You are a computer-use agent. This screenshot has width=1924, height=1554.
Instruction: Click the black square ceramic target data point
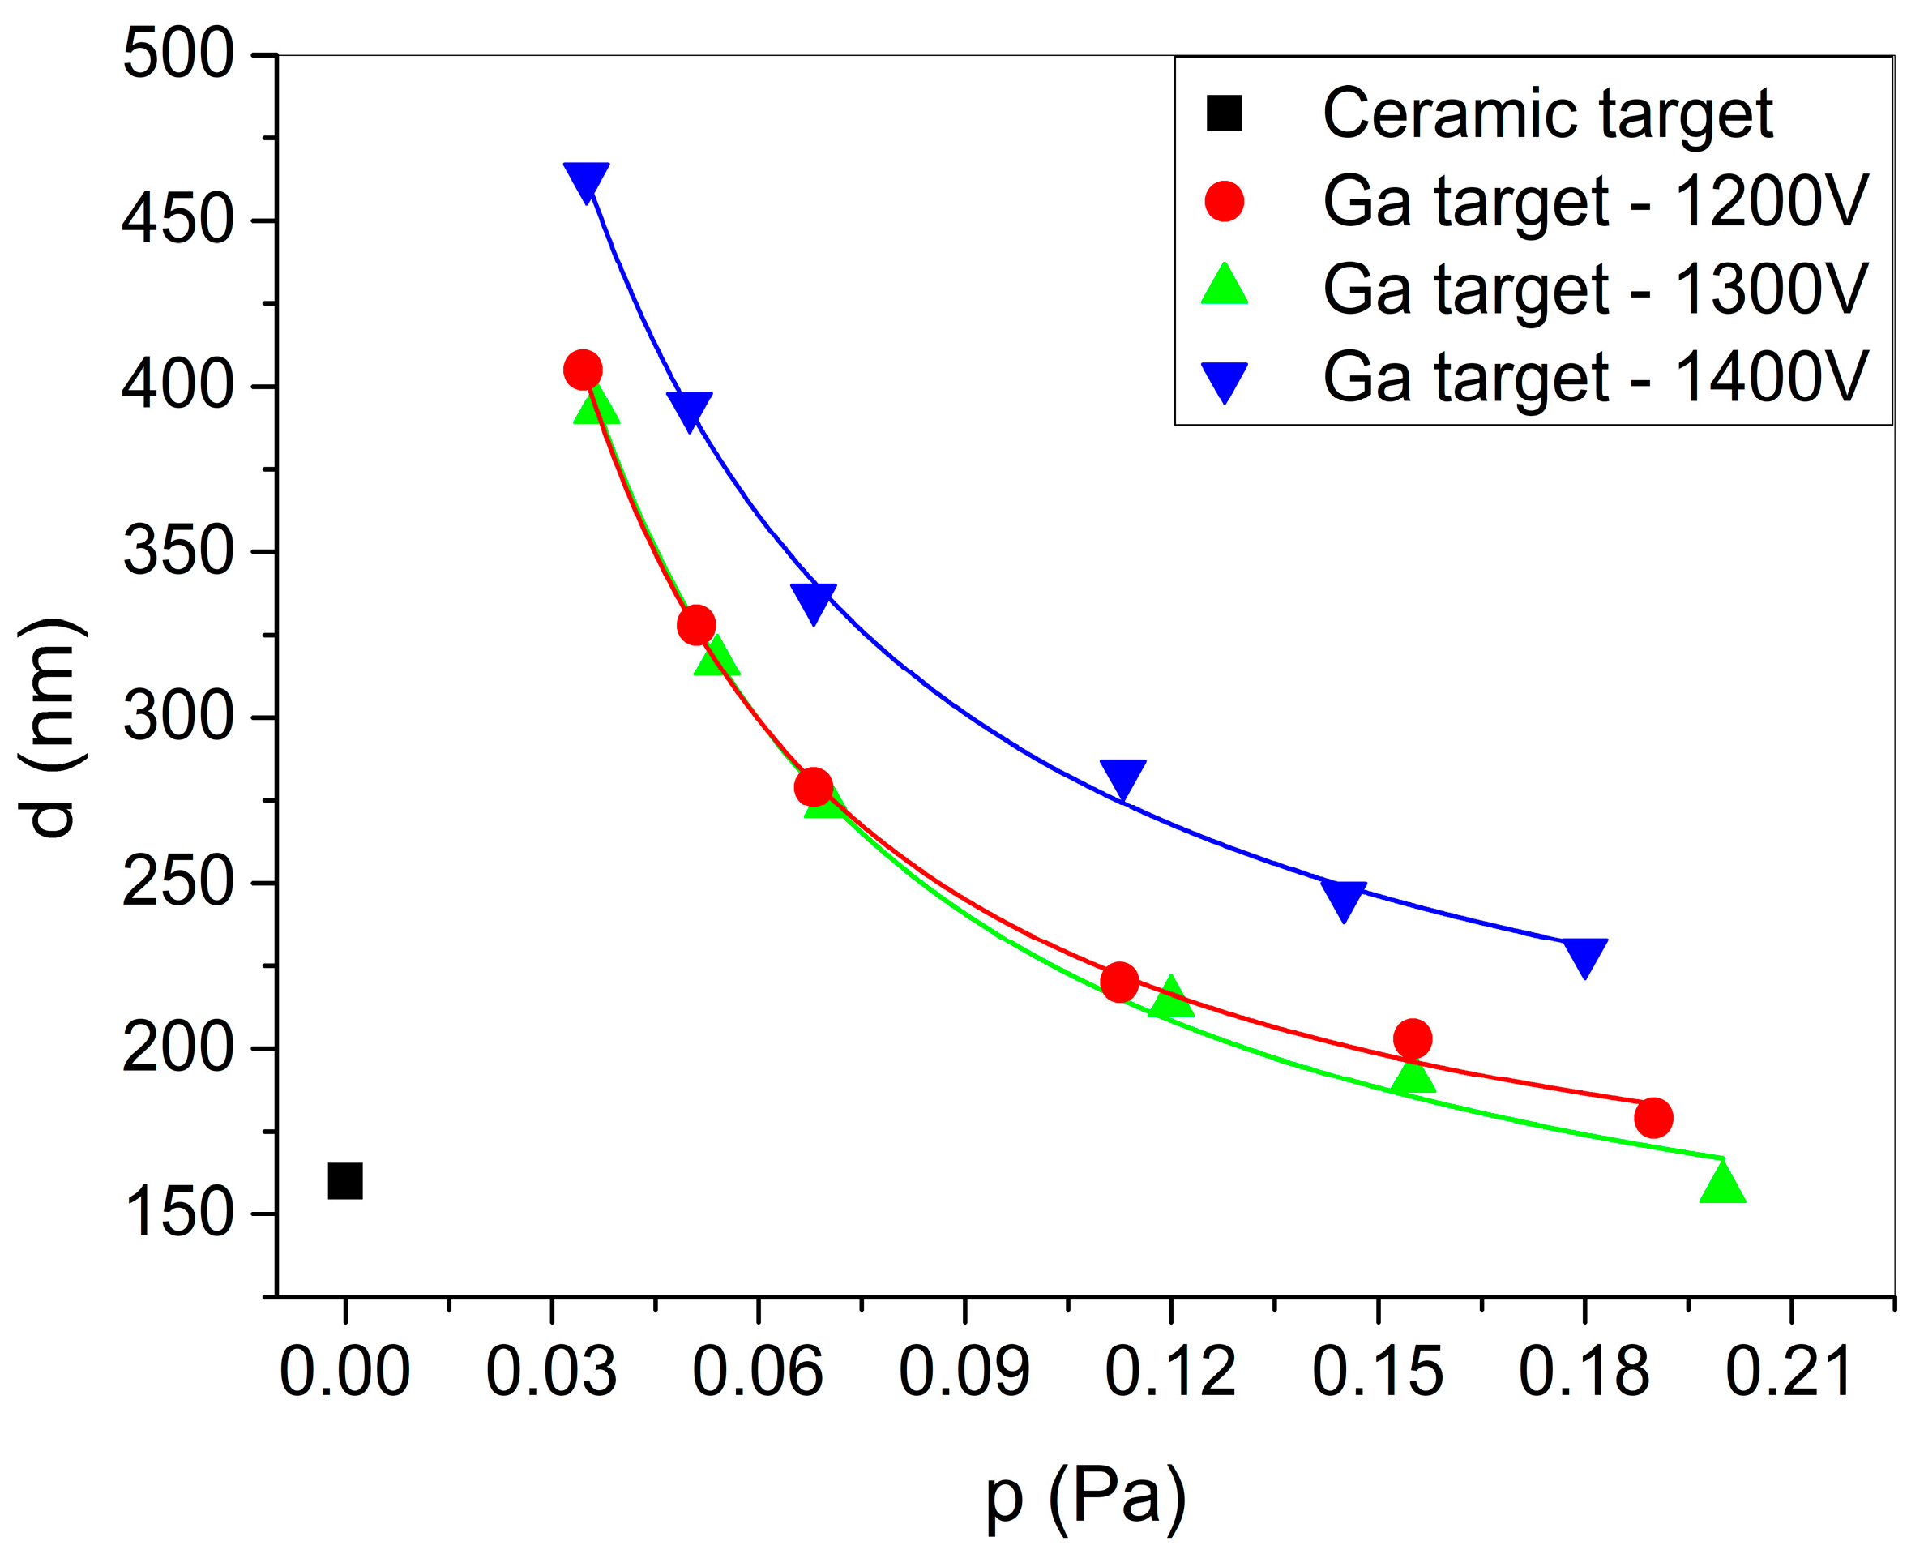click(x=345, y=1182)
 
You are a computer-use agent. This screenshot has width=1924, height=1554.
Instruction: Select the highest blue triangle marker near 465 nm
click(x=586, y=180)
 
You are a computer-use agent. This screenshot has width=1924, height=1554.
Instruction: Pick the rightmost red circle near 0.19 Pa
click(x=1653, y=1118)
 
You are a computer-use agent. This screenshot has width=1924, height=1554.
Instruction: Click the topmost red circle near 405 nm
click(x=583, y=370)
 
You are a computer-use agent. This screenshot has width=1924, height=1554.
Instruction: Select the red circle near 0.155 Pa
click(x=1412, y=1038)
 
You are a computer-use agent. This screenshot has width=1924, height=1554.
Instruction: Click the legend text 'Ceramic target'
click(x=1547, y=113)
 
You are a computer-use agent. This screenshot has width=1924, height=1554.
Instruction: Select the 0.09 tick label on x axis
click(x=964, y=1372)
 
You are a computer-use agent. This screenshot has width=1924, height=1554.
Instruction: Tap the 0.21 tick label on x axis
click(x=1789, y=1372)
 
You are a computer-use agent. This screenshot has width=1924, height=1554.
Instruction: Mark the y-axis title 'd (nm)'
click(x=52, y=727)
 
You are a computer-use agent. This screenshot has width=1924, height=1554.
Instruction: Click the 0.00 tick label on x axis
click(x=344, y=1372)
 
